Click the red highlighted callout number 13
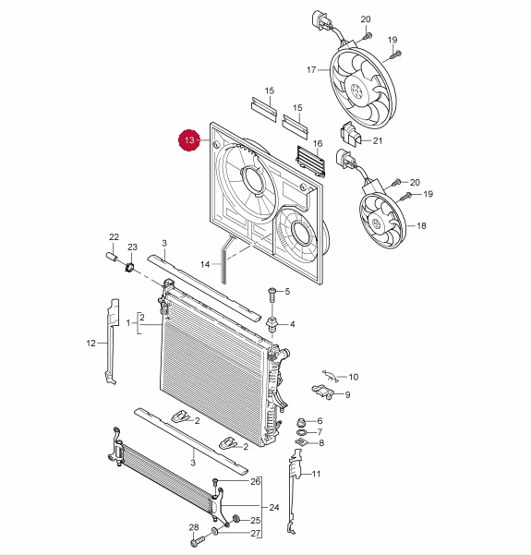coord(189,140)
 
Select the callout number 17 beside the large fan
coord(311,70)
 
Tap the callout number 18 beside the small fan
coord(421,226)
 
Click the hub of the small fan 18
coord(376,223)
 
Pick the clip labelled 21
coord(349,134)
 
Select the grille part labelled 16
coord(311,162)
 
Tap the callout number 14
coord(205,264)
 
